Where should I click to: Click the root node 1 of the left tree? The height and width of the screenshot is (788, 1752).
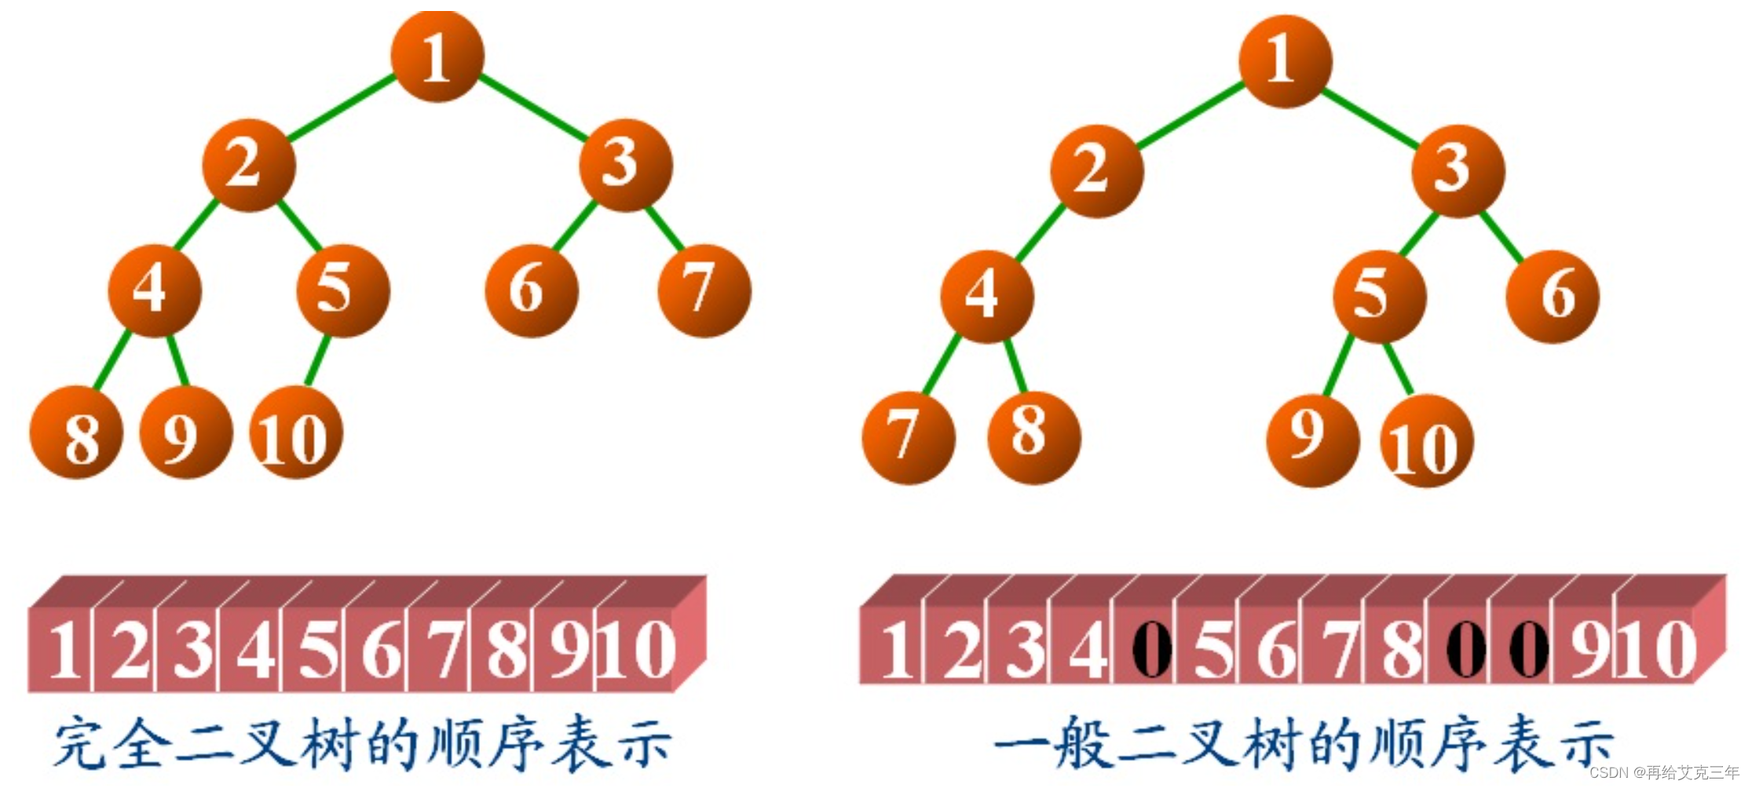(x=437, y=57)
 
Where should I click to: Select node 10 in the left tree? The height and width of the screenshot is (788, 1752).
(x=295, y=432)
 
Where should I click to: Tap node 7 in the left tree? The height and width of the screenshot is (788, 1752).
(x=704, y=290)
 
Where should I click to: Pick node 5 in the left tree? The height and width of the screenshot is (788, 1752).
(x=342, y=290)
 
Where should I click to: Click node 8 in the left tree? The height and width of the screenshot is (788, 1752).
(x=76, y=432)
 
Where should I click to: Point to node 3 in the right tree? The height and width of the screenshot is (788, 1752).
(x=1458, y=170)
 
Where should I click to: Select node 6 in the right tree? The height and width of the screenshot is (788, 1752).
(x=1552, y=296)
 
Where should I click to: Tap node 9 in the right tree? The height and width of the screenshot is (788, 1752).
(x=1312, y=440)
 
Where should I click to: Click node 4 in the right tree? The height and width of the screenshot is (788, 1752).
(x=986, y=296)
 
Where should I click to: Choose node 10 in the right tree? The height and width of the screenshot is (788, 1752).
(x=1426, y=441)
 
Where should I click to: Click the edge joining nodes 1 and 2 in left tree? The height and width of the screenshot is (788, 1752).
(x=342, y=108)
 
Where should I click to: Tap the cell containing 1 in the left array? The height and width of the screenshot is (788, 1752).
(x=63, y=649)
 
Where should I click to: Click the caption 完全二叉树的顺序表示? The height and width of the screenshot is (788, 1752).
(x=361, y=742)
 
